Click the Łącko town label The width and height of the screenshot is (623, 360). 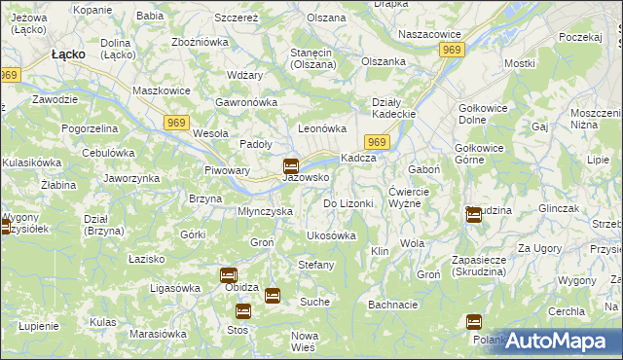click(x=72, y=55)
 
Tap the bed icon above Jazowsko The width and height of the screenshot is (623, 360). click(x=290, y=165)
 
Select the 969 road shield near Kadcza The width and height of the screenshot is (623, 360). click(x=379, y=143)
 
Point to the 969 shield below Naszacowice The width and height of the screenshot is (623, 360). click(x=451, y=49)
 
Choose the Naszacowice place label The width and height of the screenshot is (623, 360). click(x=429, y=33)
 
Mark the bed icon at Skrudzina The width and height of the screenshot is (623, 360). click(x=473, y=215)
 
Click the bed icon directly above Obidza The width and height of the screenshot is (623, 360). click(x=228, y=275)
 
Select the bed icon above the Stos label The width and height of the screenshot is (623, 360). click(x=242, y=311)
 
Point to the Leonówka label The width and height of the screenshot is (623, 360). click(x=322, y=128)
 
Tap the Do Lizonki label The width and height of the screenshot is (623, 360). click(x=348, y=203)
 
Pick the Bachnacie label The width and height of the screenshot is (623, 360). click(x=393, y=305)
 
